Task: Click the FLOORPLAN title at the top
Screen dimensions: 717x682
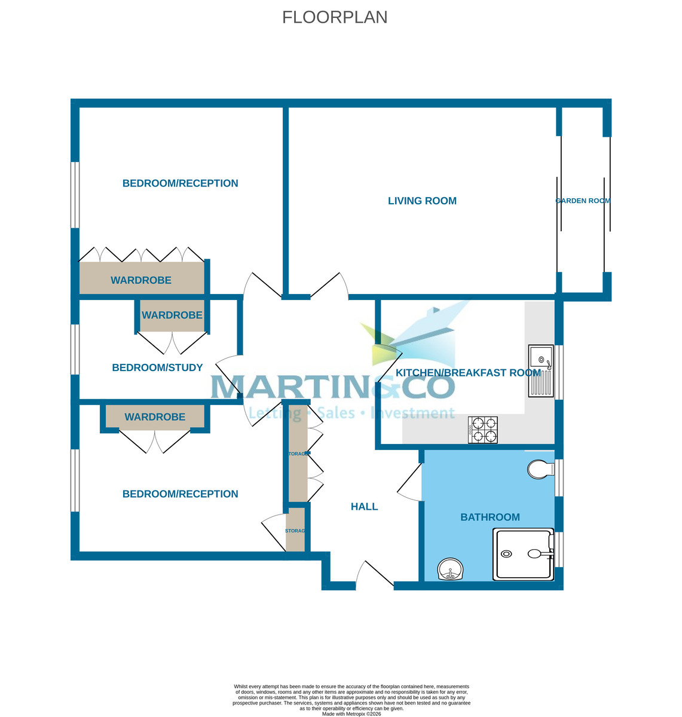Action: pos(335,17)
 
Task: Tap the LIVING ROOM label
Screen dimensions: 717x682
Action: pos(422,201)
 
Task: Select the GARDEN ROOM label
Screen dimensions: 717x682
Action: pos(583,201)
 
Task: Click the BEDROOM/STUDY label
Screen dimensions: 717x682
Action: pos(157,367)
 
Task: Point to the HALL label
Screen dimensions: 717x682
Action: pos(364,507)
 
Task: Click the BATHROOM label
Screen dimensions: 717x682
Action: pos(490,517)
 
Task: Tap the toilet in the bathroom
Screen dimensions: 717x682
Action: pos(540,469)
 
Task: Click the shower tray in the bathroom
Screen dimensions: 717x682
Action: pos(523,555)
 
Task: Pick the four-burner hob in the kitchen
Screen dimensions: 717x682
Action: pos(483,430)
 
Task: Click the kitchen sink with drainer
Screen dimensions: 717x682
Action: pos(541,371)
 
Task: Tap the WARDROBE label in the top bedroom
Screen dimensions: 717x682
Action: pos(141,280)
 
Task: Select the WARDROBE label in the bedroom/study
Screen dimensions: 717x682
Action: pos(172,315)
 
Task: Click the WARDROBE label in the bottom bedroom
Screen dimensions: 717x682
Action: pos(155,417)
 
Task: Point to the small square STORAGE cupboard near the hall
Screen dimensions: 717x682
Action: pos(295,531)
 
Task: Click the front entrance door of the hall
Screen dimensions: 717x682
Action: pos(374,576)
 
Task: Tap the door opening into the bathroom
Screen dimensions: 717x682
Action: pos(411,483)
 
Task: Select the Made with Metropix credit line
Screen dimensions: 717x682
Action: pos(351,713)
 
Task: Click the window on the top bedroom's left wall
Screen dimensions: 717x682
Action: pos(75,195)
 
